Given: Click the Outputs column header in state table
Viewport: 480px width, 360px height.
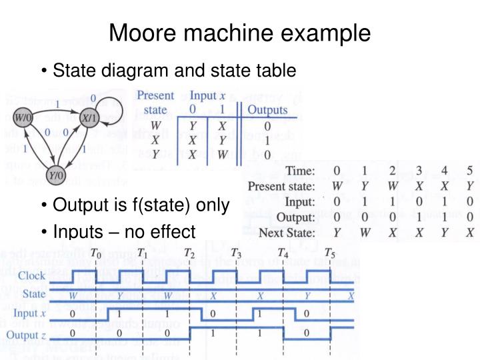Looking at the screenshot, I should pyautogui.click(x=267, y=109).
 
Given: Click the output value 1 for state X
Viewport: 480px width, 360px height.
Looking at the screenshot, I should pyautogui.click(x=267, y=141).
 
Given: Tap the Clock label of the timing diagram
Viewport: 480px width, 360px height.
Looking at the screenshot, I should pyautogui.click(x=33, y=276).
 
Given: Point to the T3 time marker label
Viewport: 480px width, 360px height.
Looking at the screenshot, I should pyautogui.click(x=235, y=253).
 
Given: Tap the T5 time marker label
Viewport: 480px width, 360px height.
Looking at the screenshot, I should pyautogui.click(x=329, y=253).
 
